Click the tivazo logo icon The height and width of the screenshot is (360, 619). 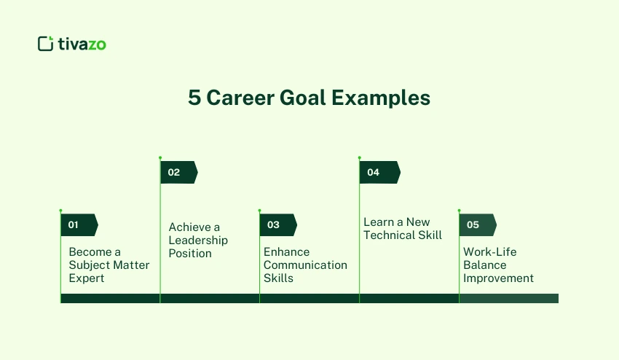[x=46, y=44]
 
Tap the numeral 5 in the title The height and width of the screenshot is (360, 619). [x=194, y=98]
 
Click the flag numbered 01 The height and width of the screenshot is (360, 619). [x=79, y=225]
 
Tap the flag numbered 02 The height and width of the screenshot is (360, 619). [x=178, y=173]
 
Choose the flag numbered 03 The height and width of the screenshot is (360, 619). [x=277, y=225]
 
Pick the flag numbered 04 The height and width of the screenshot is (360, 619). [x=379, y=173]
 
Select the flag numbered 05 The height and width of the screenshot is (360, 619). [x=477, y=225]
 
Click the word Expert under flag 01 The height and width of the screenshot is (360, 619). [x=87, y=278]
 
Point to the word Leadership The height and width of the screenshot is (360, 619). [x=198, y=240]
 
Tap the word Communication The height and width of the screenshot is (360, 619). [x=305, y=265]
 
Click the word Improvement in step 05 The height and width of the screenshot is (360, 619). [x=498, y=278]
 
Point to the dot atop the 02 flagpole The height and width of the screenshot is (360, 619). [x=160, y=157]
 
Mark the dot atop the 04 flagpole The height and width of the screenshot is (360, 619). [x=359, y=157]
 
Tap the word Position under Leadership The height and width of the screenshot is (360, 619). [x=190, y=254]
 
